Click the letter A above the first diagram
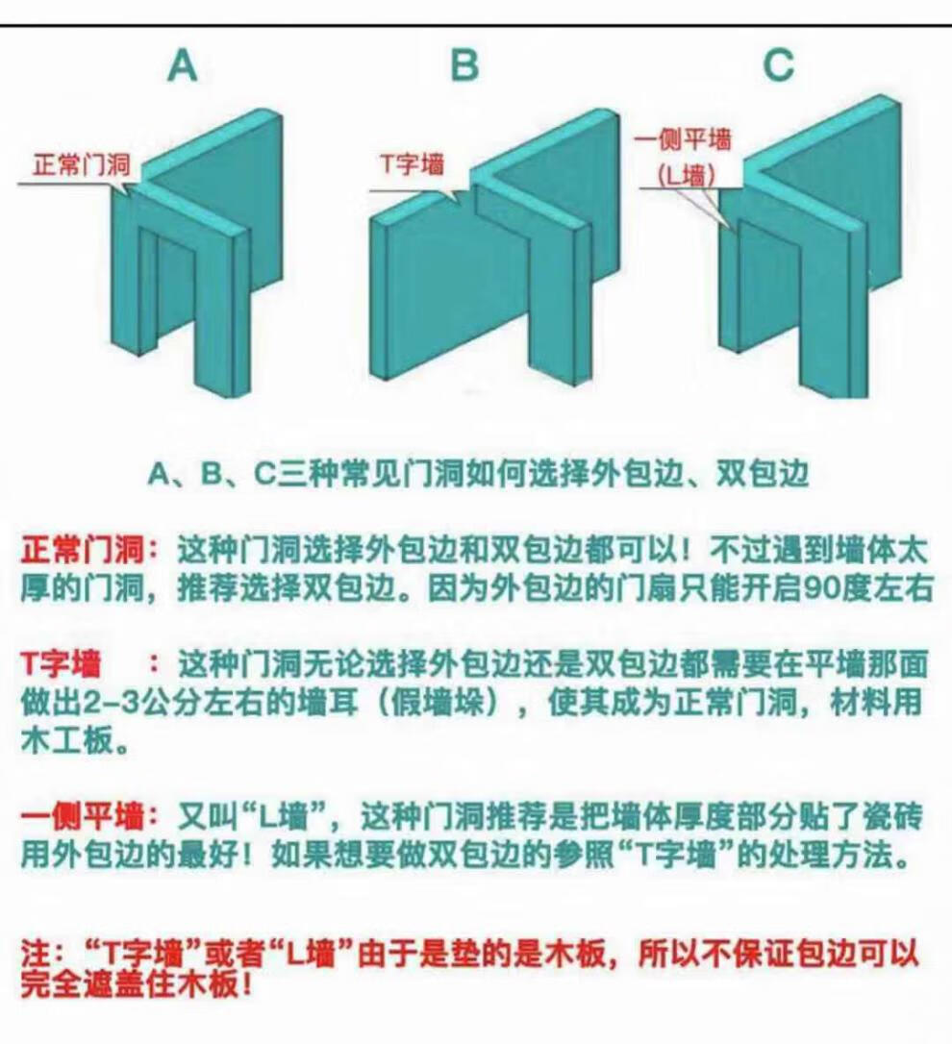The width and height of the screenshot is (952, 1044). tap(183, 66)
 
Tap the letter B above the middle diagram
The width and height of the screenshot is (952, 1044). tap(465, 65)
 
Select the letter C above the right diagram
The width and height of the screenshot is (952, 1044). tap(778, 65)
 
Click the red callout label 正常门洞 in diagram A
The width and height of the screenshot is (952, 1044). tap(82, 164)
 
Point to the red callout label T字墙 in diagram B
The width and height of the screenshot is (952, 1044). tap(413, 163)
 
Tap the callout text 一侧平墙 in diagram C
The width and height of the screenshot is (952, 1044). tap(683, 139)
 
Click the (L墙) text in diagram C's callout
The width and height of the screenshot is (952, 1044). tap(687, 175)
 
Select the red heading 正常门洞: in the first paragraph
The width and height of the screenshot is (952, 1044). tap(90, 550)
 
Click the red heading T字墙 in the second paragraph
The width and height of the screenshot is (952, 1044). tap(62, 664)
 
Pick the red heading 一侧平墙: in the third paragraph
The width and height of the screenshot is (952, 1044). tap(90, 815)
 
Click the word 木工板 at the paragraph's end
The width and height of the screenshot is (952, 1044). tap(65, 741)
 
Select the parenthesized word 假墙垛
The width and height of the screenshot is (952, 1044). tap(436, 703)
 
